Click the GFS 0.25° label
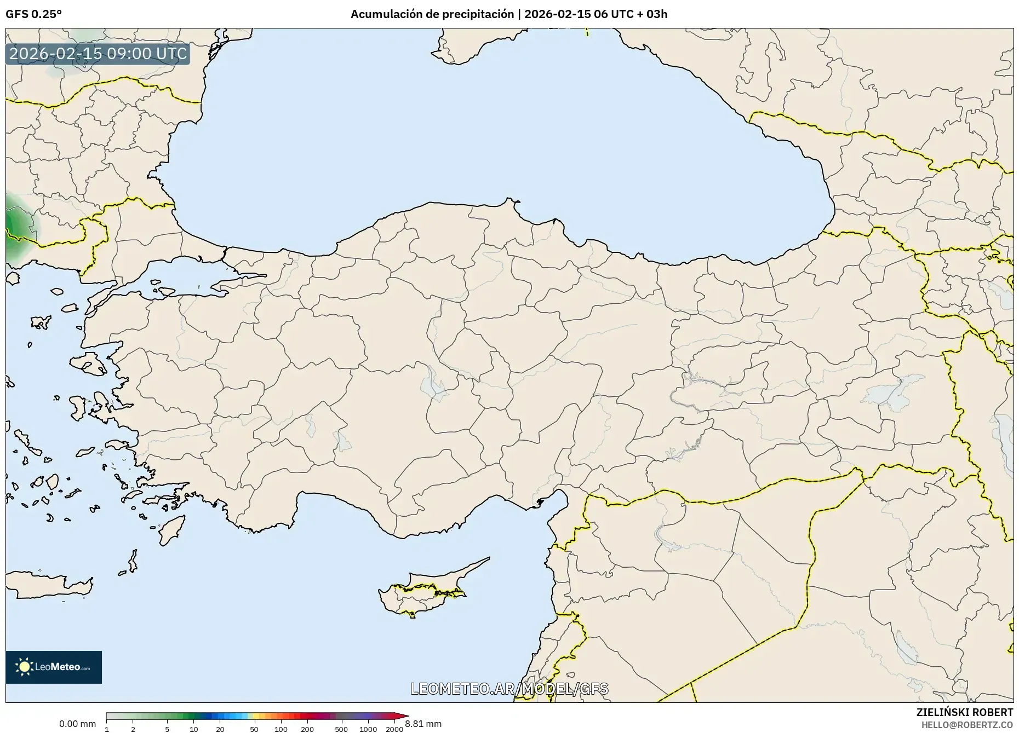tap(33, 14)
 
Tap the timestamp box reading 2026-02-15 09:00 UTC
tap(98, 54)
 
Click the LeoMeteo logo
tap(54, 667)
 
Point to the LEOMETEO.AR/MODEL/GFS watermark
tap(509, 689)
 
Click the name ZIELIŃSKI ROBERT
tap(964, 712)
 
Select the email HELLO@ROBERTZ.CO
tap(967, 724)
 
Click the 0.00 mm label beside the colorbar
tap(77, 724)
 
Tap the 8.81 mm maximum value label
tap(423, 724)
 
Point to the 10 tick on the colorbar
tap(193, 729)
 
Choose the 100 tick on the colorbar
tap(280, 729)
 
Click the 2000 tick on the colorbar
tap(394, 729)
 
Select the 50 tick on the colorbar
tap(254, 729)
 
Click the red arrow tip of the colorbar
tap(405, 716)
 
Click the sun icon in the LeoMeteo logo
tap(25, 667)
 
